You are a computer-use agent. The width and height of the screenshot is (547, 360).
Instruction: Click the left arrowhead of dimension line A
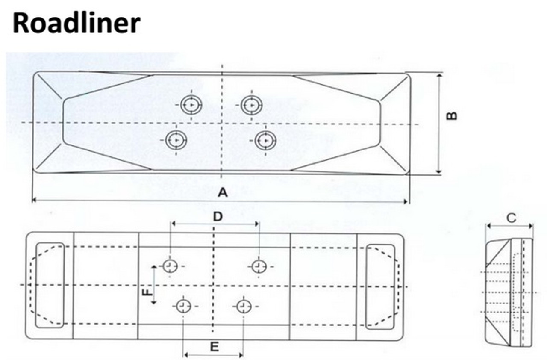point(34,200)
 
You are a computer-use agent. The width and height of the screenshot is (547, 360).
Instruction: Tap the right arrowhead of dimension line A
point(406,201)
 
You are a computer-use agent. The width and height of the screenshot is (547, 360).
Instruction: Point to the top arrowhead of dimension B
point(439,76)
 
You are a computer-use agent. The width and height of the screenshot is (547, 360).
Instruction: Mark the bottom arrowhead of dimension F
point(153,302)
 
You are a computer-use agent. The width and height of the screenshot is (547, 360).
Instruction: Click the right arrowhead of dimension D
point(257,224)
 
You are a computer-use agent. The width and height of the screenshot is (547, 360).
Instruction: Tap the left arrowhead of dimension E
point(185,354)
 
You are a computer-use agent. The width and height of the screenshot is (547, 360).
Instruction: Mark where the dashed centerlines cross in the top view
point(222,123)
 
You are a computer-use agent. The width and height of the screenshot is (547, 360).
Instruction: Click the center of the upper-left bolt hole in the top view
point(191,105)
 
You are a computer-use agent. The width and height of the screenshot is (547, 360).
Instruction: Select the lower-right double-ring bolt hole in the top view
point(265,141)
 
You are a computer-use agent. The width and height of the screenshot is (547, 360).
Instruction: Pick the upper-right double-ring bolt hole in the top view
point(252,105)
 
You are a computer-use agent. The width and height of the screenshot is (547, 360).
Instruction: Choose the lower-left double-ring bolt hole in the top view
point(176,140)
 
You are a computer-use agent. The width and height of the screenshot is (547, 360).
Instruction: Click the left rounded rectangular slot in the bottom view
point(50,285)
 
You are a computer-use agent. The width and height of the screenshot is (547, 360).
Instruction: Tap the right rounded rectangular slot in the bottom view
point(380,287)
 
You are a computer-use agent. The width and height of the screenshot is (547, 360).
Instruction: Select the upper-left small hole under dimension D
point(170,266)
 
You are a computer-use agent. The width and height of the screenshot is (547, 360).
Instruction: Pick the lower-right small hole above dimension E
point(244,306)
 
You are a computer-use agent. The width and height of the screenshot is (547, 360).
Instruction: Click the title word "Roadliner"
point(76,24)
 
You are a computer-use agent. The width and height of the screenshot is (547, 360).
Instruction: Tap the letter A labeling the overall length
point(223,192)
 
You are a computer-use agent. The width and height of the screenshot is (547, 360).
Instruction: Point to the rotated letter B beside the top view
point(452,116)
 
